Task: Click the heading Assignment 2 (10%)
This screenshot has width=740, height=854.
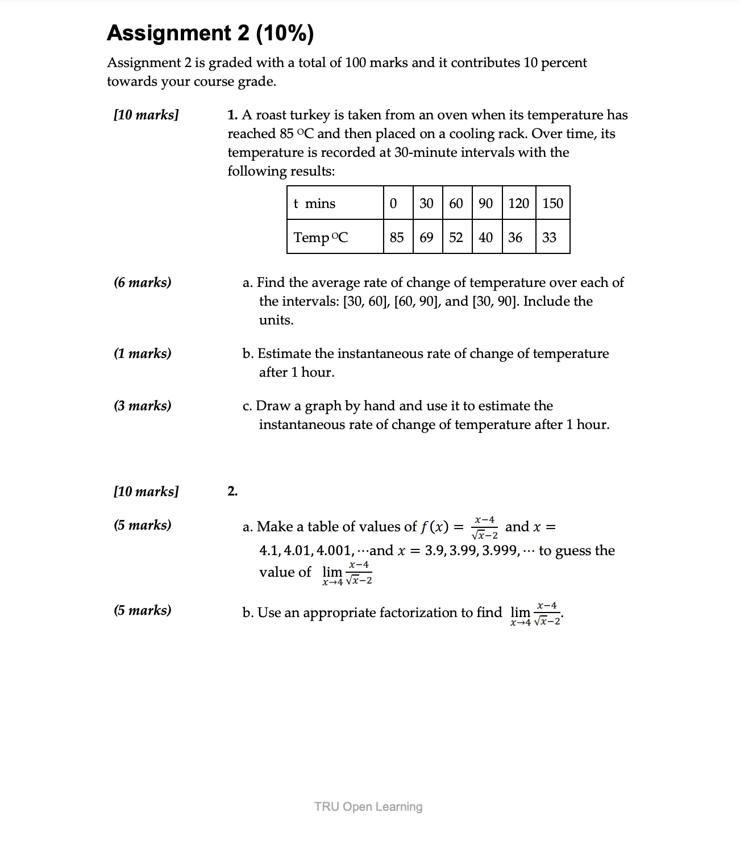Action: point(210,34)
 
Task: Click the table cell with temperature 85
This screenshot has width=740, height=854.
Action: point(397,238)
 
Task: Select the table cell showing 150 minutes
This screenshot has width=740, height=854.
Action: point(552,203)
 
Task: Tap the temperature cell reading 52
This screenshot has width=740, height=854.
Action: point(456,238)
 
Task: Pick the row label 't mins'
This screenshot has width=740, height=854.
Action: point(314,203)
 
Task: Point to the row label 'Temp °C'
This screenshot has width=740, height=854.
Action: point(321,238)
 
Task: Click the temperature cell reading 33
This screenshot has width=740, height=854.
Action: point(549,238)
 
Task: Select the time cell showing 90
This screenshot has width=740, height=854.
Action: point(485,203)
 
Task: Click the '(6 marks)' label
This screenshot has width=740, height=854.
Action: point(142,282)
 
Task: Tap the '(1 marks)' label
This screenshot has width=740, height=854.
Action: point(142,353)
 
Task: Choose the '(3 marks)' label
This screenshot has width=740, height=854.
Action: point(142,406)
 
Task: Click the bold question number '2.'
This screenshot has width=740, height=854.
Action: point(232,491)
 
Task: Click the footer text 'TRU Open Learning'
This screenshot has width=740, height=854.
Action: point(368,807)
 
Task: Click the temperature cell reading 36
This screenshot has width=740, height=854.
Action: point(515,238)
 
